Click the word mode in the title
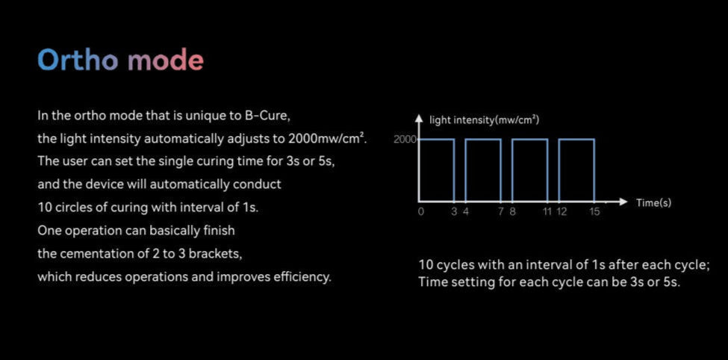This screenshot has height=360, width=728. (x=166, y=60)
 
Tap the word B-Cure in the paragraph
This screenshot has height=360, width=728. (x=267, y=116)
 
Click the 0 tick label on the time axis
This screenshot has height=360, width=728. (x=420, y=212)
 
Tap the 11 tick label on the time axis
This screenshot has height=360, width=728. (x=547, y=212)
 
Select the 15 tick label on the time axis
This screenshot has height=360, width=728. (x=594, y=212)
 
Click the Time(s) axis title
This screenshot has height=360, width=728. (x=653, y=202)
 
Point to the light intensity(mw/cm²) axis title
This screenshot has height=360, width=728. (x=485, y=120)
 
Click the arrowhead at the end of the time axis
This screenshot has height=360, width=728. (x=624, y=202)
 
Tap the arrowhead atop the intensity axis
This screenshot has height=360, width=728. (x=419, y=118)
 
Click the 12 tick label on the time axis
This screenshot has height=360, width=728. (x=561, y=212)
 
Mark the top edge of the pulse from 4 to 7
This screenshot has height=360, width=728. (x=483, y=139)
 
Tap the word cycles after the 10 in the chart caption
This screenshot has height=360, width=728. (x=457, y=266)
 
